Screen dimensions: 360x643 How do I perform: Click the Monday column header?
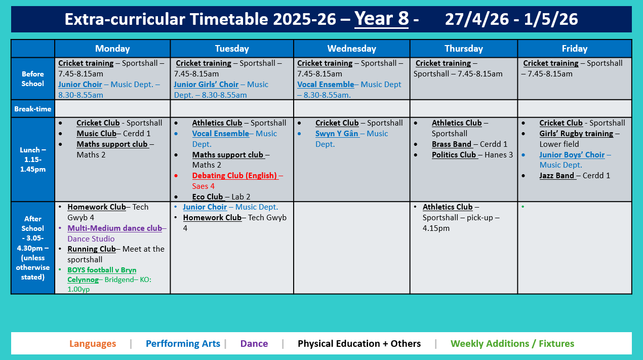[x=112, y=49]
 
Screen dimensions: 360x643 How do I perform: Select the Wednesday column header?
[x=351, y=49]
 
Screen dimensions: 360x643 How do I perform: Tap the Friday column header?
[x=574, y=49]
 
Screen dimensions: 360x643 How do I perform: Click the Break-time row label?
[x=32, y=109]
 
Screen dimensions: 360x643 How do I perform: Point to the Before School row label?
[x=32, y=78]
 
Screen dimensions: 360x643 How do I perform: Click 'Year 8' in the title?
[x=381, y=19]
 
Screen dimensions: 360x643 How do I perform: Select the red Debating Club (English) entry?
[x=234, y=176]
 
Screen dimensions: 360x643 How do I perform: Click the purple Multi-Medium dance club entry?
[x=114, y=228]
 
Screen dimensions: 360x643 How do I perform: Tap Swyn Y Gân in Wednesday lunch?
[x=337, y=134]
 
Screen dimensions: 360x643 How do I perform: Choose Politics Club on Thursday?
[x=454, y=155]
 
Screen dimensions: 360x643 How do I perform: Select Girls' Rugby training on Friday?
[x=576, y=134]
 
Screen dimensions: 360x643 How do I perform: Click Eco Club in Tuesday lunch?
[x=208, y=197]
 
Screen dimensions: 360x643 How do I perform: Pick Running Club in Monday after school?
[x=92, y=249]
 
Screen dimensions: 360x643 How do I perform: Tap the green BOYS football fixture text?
[x=102, y=270]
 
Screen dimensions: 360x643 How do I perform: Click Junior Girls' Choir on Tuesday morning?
[x=206, y=85]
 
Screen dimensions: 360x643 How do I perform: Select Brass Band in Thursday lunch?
[x=452, y=144]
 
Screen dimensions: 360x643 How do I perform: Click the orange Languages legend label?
[x=93, y=344]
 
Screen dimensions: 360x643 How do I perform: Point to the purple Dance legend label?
[x=254, y=344]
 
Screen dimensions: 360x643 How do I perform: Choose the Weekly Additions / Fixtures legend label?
[x=512, y=344]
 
